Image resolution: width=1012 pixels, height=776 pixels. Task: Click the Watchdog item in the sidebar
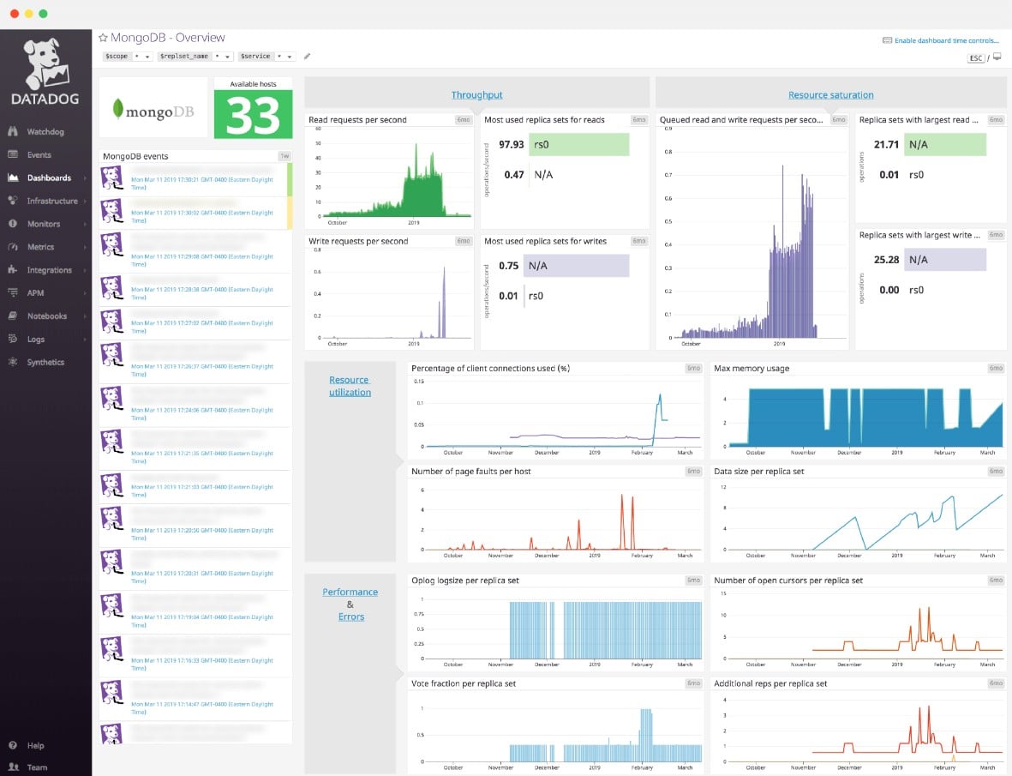(x=45, y=132)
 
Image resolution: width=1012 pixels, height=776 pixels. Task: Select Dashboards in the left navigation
(x=48, y=178)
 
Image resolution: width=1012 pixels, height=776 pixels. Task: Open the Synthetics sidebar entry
(x=45, y=363)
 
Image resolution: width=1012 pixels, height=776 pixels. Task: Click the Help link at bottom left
(x=35, y=746)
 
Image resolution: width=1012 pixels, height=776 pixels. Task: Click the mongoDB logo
(x=153, y=110)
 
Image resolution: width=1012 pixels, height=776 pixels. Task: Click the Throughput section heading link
(x=476, y=95)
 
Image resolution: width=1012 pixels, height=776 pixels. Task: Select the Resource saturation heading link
(x=830, y=95)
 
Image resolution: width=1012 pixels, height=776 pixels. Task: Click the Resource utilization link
(x=350, y=386)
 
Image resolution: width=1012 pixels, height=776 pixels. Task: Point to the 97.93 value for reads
(x=511, y=144)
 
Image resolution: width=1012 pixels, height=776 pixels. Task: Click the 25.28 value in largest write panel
(x=886, y=260)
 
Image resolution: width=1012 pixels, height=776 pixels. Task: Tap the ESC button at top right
(x=975, y=58)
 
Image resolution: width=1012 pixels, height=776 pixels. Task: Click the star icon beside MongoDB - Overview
(x=103, y=38)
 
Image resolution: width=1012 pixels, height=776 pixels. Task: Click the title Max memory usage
(x=752, y=369)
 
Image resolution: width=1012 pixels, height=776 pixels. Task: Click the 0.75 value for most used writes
(x=508, y=266)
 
